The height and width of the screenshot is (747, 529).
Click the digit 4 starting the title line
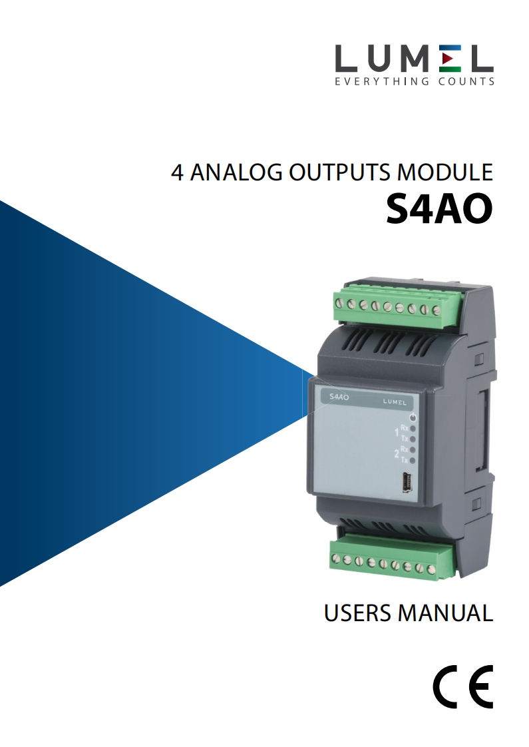(x=177, y=173)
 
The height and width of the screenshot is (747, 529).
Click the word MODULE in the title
(x=446, y=173)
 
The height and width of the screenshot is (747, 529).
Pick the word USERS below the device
(x=358, y=613)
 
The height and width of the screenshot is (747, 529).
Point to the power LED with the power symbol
(x=413, y=417)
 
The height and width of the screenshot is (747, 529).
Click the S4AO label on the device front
(x=339, y=397)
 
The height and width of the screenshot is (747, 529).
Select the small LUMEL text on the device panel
(x=395, y=401)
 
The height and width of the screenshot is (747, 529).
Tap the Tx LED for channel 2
(x=413, y=461)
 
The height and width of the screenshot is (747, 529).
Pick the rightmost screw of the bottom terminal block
(x=431, y=569)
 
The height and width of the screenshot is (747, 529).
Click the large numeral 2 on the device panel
(x=397, y=456)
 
